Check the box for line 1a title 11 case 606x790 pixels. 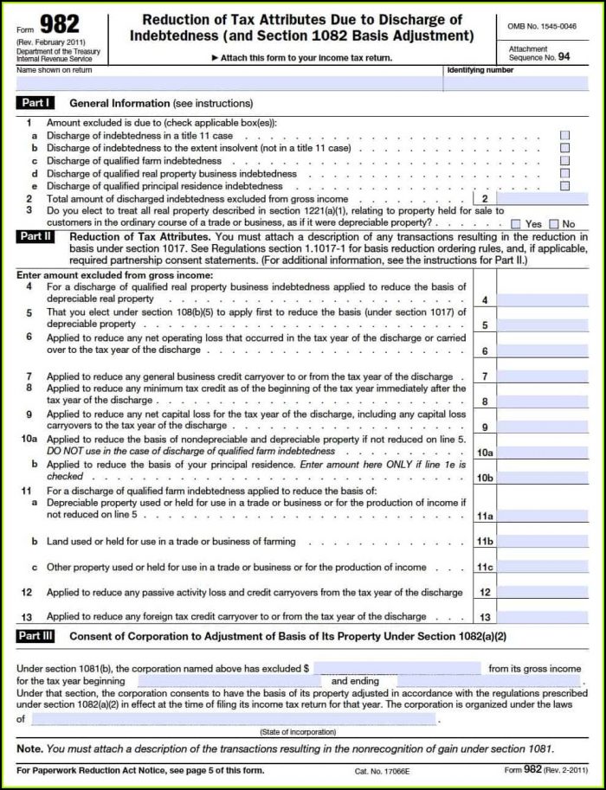(564, 136)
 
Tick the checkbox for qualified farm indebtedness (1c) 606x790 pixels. (564, 161)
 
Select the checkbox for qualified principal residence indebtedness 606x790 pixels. (564, 185)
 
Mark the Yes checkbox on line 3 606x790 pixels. (516, 223)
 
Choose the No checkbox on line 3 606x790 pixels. (554, 223)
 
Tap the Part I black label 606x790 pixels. (35, 103)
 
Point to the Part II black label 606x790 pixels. (36, 236)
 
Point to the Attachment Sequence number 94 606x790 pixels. (564, 56)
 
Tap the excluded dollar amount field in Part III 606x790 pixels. (396, 668)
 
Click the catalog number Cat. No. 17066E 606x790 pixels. (382, 770)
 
